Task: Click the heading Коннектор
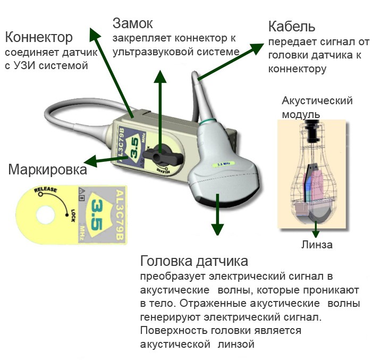tap(38, 38)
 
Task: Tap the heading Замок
tap(133, 23)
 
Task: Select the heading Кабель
tap(292, 26)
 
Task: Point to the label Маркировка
tap(48, 170)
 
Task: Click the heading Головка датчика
tap(194, 262)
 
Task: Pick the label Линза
tap(317, 245)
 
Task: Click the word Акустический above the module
tap(318, 101)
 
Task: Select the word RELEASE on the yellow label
tap(45, 190)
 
